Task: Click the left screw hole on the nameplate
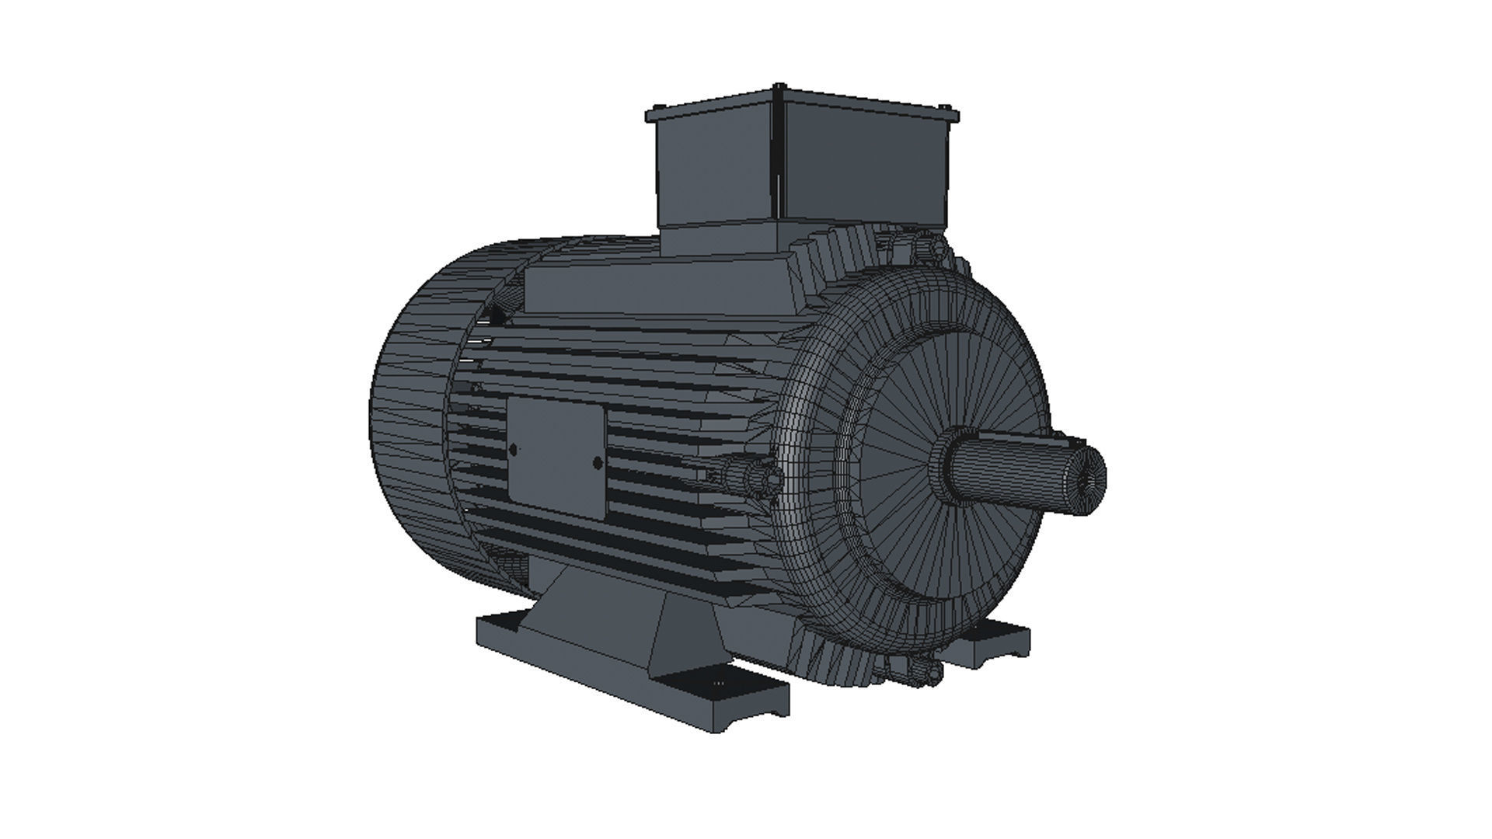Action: [514, 448]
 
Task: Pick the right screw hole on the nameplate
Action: [597, 463]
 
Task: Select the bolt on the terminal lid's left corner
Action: [657, 109]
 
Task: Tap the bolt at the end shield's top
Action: [925, 247]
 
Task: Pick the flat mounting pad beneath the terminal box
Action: [661, 287]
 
